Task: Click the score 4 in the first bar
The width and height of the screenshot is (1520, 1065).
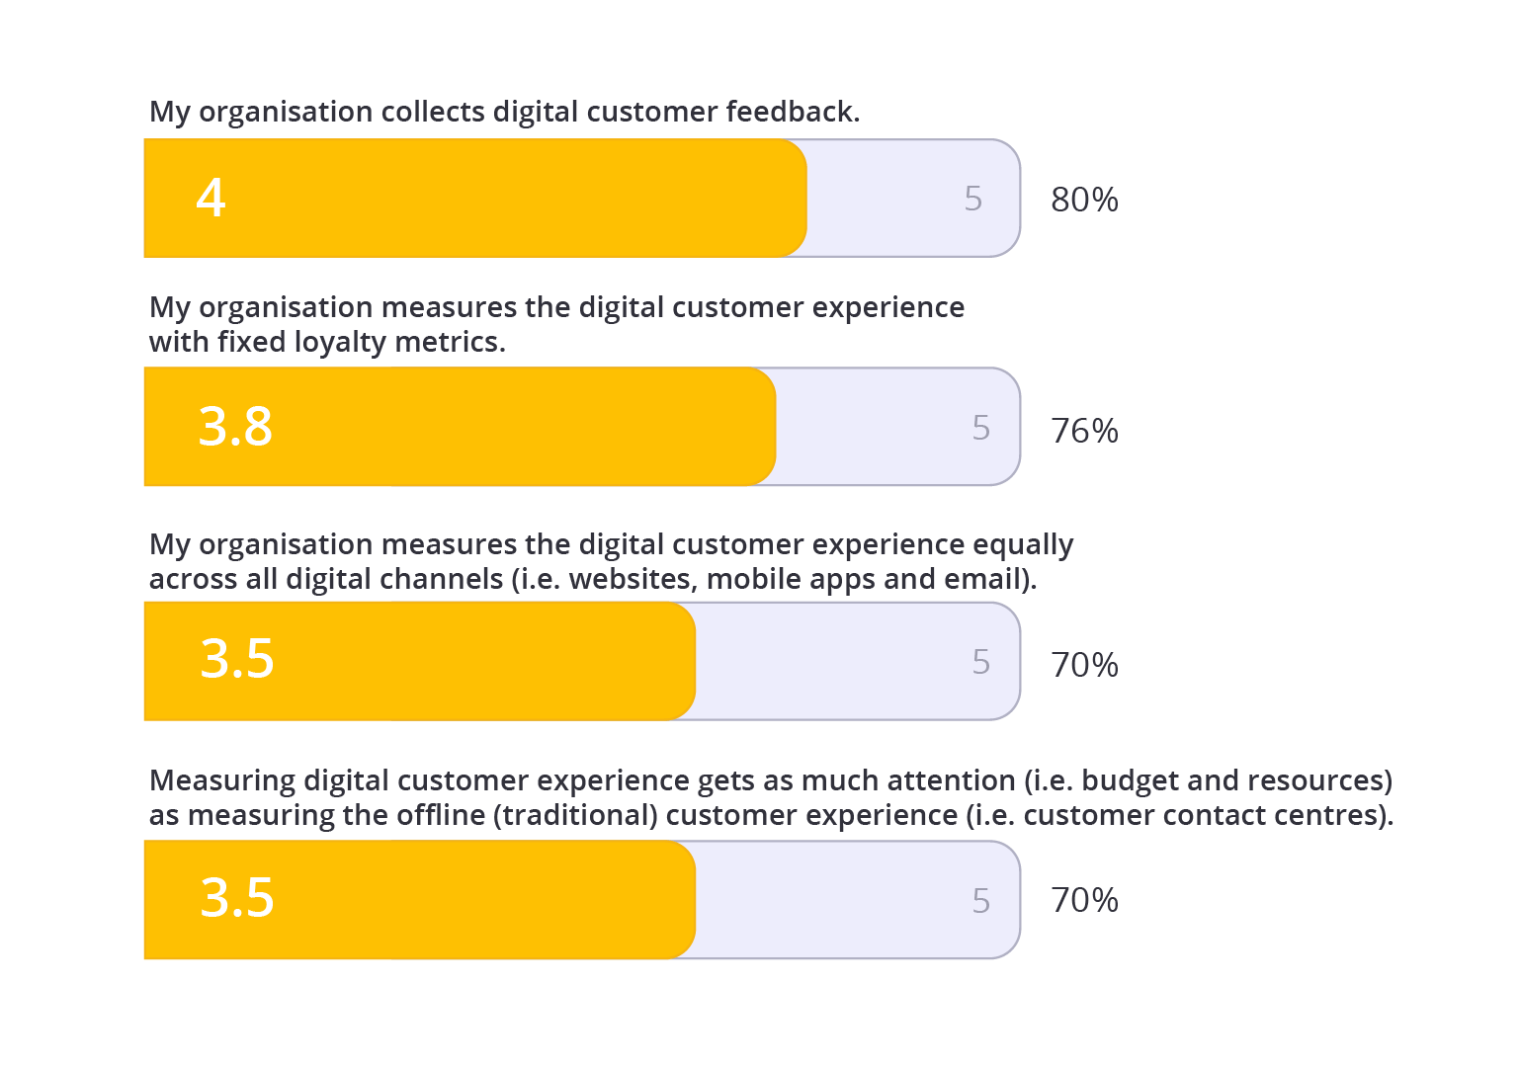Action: click(211, 198)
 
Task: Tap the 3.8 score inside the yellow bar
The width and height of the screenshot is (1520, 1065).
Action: click(235, 427)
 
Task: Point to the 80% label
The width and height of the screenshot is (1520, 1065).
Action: click(1084, 200)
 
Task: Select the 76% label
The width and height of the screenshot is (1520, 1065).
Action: click(1084, 431)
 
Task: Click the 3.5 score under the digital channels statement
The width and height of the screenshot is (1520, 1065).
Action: click(237, 659)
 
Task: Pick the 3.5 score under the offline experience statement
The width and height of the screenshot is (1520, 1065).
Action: click(237, 898)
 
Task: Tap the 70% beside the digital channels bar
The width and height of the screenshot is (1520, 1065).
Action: click(1084, 665)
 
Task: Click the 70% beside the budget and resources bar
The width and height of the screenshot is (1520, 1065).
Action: click(1084, 900)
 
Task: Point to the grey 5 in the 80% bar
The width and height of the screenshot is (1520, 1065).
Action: click(973, 199)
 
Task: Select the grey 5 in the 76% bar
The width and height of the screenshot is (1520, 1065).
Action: click(980, 428)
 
